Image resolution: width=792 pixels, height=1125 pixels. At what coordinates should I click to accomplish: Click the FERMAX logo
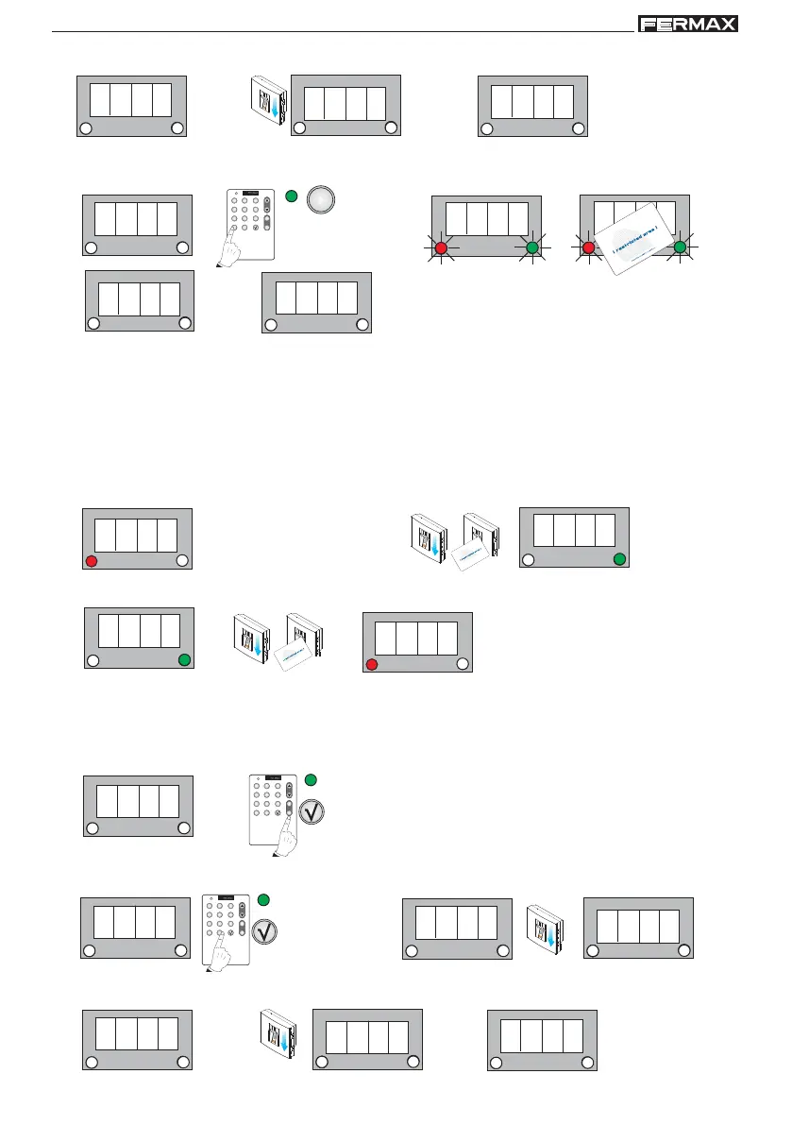pyautogui.click(x=688, y=24)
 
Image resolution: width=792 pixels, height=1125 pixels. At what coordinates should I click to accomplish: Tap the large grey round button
pyautogui.click(x=322, y=201)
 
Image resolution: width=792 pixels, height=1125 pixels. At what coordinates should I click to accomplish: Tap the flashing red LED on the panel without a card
pyautogui.click(x=441, y=248)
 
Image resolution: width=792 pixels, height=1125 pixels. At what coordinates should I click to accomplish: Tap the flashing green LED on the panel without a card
pyautogui.click(x=532, y=248)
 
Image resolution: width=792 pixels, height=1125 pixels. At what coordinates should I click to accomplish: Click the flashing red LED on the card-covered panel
pyautogui.click(x=588, y=248)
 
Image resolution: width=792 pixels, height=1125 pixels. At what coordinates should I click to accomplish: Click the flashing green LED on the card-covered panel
pyautogui.click(x=680, y=248)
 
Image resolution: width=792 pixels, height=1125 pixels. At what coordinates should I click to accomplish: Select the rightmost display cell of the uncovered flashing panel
pyautogui.click(x=518, y=217)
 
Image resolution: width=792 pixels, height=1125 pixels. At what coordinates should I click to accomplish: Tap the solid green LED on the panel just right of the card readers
pyautogui.click(x=618, y=560)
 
